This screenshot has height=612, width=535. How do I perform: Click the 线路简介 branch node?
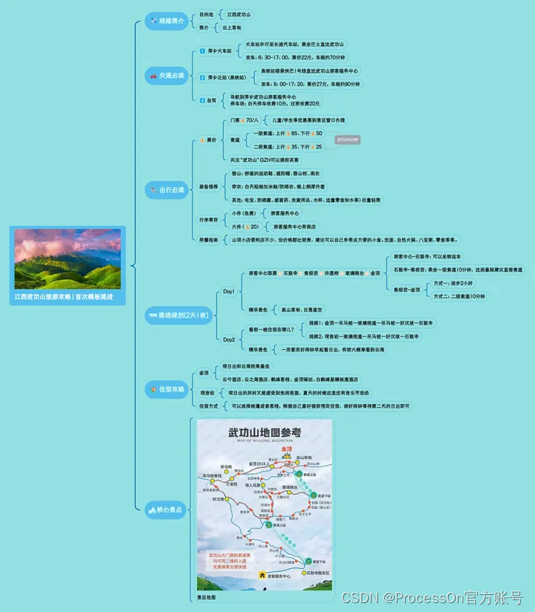[x=166, y=21]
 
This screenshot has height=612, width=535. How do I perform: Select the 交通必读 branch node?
[x=166, y=76]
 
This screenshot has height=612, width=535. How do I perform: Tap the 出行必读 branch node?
[x=166, y=189]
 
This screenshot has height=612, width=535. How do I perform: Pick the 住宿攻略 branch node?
[x=166, y=388]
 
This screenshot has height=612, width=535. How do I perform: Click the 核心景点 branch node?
[x=166, y=510]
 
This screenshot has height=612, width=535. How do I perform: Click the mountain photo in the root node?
[x=67, y=258]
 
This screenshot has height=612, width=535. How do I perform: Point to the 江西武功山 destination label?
[x=239, y=14]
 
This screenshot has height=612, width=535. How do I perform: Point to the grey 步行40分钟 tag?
[x=347, y=140]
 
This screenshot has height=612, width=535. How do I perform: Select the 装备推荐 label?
[x=209, y=186]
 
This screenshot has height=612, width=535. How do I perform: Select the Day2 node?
[x=229, y=339]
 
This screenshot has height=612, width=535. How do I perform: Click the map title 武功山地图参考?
[x=265, y=432]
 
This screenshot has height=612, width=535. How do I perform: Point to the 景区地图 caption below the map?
[x=208, y=596]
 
